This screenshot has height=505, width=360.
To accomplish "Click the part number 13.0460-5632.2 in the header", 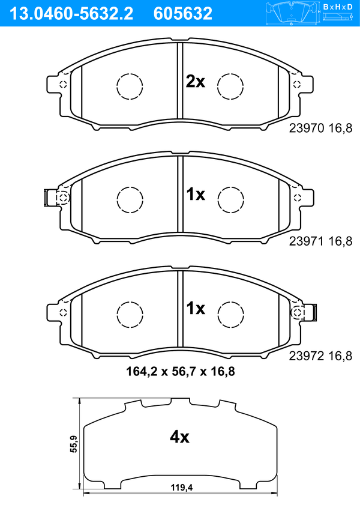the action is click(71, 14).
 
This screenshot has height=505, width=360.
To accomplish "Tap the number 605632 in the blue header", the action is click(183, 14).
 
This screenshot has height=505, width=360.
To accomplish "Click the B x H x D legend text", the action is click(338, 7).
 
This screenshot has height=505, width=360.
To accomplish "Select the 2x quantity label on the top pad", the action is click(195, 82).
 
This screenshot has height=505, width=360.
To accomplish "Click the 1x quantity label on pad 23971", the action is click(196, 195).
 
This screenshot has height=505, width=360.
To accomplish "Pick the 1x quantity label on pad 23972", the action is click(196, 309).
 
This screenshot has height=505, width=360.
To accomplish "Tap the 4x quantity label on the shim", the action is click(179, 437).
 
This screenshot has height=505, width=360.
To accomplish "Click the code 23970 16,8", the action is click(321, 128).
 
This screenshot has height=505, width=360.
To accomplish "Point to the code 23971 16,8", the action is click(321, 241).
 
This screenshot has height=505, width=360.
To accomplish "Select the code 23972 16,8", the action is click(321, 355).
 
